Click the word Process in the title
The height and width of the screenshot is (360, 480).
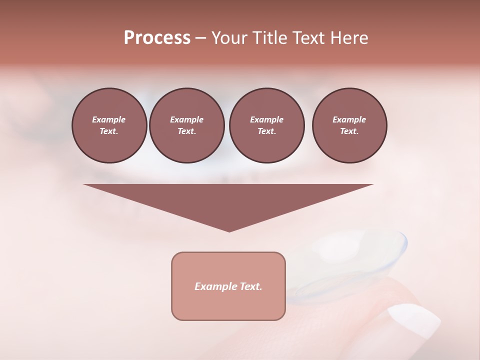click(157, 38)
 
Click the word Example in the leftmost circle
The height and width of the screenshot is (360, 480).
click(109, 119)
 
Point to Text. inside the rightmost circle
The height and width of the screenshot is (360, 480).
click(349, 131)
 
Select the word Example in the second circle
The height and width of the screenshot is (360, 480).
click(186, 119)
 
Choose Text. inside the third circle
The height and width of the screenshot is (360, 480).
click(266, 131)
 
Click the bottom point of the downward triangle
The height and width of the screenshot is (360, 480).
click(229, 230)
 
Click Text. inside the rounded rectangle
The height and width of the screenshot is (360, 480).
click(250, 286)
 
